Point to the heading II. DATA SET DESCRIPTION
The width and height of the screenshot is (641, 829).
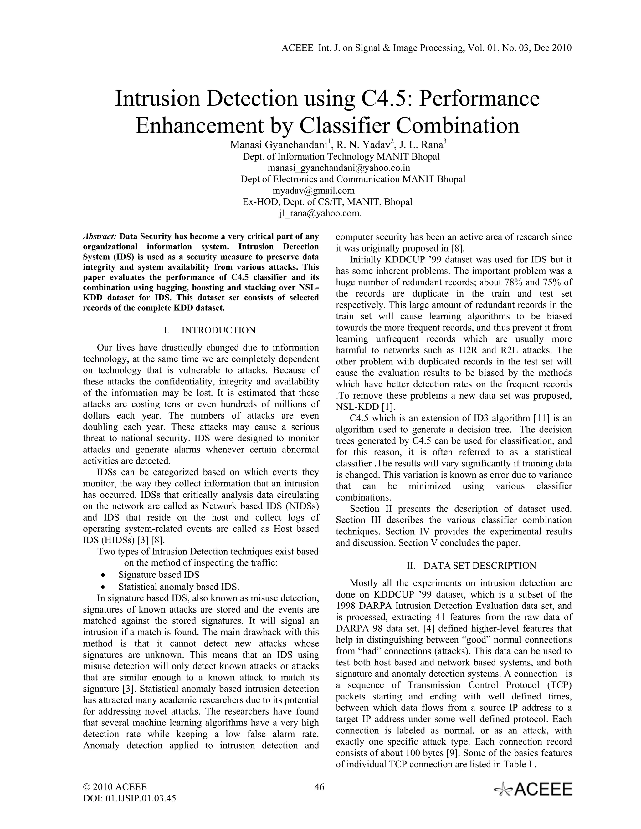coord(471,566)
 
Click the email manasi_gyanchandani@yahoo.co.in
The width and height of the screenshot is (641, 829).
coord(339,168)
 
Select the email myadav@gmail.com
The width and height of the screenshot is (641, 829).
coord(313,191)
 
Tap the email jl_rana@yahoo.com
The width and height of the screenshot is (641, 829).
coord(320,213)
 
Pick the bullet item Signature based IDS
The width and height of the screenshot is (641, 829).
coord(159,575)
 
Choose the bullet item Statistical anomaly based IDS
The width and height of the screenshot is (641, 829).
coord(178,587)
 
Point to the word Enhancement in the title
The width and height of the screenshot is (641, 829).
coord(202,126)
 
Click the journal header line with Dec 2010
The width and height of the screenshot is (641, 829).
coord(427,48)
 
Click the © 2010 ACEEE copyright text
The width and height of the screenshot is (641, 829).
coord(115,787)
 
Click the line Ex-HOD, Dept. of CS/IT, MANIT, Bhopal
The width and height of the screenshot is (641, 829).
coord(327,202)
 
